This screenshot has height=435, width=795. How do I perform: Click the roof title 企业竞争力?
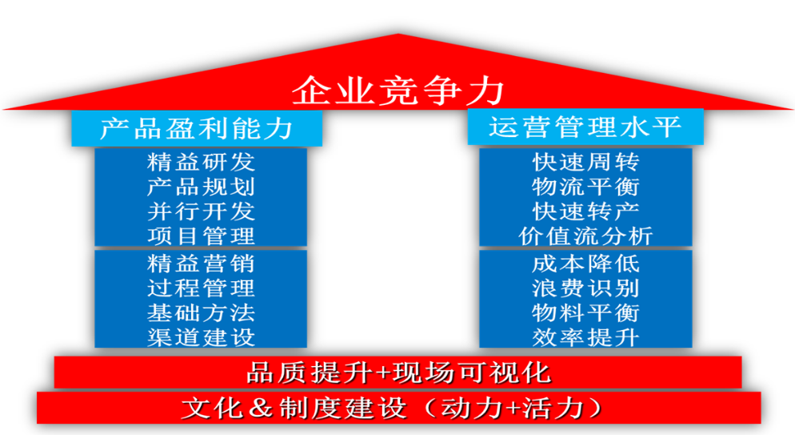tap(398, 91)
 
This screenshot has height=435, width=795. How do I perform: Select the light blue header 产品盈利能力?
tap(197, 128)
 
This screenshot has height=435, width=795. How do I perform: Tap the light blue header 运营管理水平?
tap(585, 127)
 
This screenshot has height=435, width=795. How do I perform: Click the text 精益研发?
tap(201, 163)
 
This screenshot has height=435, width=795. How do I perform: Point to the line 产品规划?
tap(201, 187)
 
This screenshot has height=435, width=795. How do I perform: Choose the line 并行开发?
tap(201, 211)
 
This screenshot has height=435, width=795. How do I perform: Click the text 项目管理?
tap(201, 236)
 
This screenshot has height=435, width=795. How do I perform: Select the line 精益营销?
tap(201, 264)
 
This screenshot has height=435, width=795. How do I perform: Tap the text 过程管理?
tap(201, 288)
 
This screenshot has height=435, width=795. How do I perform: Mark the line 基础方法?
tap(201, 312)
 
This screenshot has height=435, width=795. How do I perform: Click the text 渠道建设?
tap(201, 337)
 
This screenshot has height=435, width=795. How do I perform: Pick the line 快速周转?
tap(585, 163)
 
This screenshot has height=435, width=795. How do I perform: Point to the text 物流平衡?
tap(585, 187)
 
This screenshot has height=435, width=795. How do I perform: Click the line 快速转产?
tap(585, 211)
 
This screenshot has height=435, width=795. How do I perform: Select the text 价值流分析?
tap(585, 236)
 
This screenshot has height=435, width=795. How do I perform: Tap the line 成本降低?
tap(585, 264)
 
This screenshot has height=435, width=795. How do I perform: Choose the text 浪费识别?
tap(585, 288)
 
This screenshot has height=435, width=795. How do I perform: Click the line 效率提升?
tap(585, 337)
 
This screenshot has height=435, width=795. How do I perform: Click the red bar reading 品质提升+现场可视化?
tap(398, 372)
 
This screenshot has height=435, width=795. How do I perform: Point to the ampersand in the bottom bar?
tap(261, 408)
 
